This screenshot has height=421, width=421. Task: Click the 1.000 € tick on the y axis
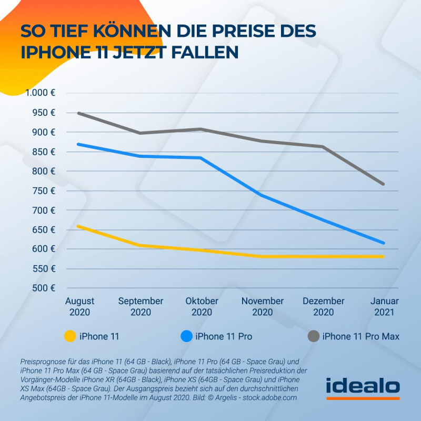coord(41,93)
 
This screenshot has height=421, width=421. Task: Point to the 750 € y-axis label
coord(45,191)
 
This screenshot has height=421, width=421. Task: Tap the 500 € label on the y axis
coord(45,288)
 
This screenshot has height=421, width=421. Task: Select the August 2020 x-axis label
coord(79,306)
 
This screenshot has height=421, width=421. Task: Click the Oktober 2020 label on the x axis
coord(202,306)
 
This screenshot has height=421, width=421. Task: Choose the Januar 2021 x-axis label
coord(385,306)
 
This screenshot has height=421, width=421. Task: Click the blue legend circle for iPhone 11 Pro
coord(186,336)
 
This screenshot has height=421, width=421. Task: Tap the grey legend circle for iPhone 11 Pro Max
coord(313,336)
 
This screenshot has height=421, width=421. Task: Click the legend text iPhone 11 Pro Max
coord(361,336)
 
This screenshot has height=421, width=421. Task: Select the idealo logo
coord(363,387)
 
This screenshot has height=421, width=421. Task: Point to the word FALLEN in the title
coord(206,53)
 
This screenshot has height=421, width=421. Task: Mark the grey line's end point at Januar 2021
coord(384,184)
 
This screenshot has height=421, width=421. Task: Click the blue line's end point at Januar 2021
coord(384,243)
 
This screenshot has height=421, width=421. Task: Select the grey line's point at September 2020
coord(141,133)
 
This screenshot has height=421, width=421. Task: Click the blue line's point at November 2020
coord(262,195)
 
